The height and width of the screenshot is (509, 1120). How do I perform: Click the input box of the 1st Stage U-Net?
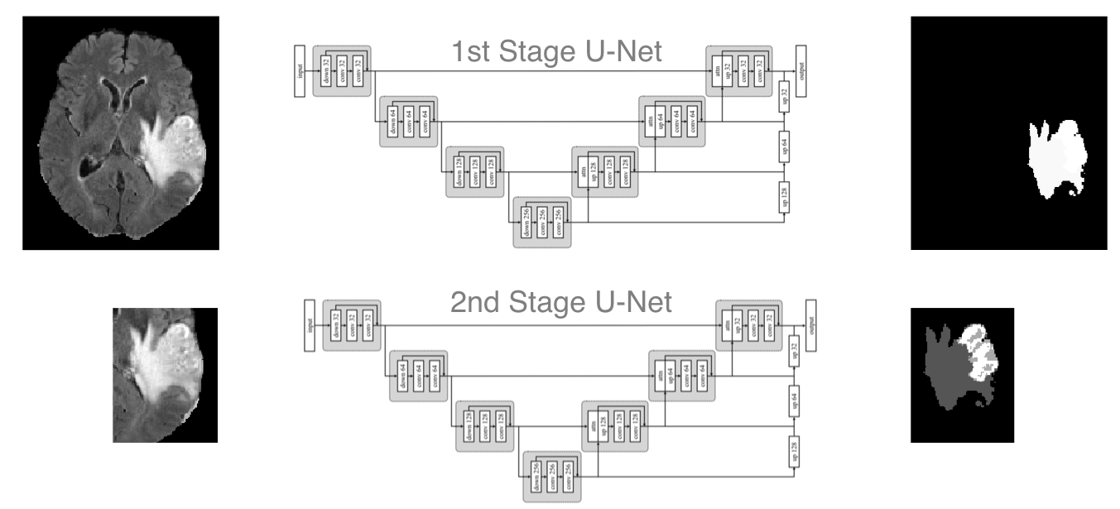point(300,72)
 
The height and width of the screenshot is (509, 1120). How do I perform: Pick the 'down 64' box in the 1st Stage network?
point(392,122)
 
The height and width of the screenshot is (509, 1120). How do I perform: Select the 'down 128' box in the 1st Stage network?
point(459,173)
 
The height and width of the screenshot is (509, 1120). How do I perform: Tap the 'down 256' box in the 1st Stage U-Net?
point(526,223)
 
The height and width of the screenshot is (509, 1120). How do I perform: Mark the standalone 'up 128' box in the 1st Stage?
point(783,196)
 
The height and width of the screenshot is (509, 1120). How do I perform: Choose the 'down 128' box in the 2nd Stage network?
point(469,425)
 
